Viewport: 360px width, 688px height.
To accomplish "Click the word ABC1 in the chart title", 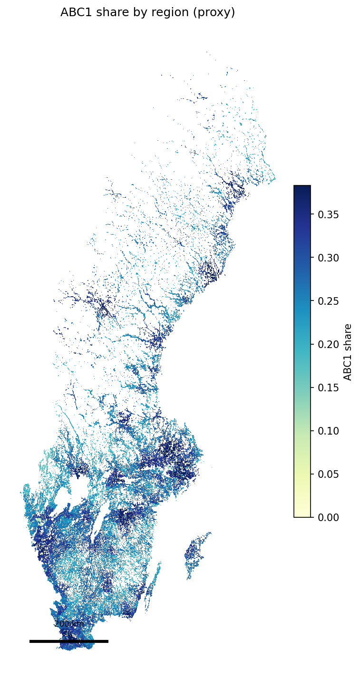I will [75, 13].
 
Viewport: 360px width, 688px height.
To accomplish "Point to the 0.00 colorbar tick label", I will [328, 517].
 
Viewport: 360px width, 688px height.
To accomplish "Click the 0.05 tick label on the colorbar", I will [328, 474].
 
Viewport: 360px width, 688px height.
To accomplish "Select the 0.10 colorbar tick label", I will [328, 430].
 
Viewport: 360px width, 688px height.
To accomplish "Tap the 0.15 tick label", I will [328, 388].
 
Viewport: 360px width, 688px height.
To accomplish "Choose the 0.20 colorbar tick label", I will [328, 344].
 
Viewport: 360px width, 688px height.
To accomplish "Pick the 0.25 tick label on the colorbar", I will [328, 301].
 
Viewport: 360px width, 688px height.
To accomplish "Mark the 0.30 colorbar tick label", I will [328, 258].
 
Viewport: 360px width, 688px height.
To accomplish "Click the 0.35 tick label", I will [328, 214].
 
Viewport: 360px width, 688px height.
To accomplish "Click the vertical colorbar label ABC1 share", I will [348, 351].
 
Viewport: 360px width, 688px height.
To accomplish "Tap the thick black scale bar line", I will [69, 641].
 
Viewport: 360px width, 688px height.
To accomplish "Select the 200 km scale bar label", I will [69, 624].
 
